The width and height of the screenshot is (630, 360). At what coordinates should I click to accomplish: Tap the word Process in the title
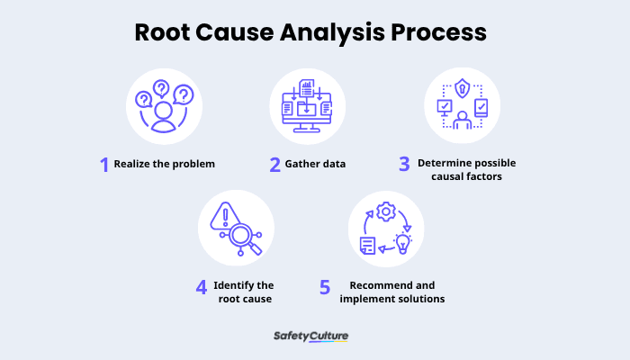tap(445, 33)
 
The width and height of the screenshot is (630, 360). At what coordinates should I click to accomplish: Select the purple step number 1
tap(104, 165)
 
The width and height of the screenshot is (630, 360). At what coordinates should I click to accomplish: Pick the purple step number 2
tap(274, 165)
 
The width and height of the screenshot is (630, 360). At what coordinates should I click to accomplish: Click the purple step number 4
tap(201, 287)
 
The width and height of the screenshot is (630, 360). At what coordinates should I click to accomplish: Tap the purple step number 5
tap(326, 287)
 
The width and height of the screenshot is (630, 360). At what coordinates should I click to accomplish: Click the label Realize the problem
tap(165, 165)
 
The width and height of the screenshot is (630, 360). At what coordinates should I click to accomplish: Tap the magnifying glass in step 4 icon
tap(241, 237)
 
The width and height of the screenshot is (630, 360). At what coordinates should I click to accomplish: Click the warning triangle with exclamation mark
tap(222, 216)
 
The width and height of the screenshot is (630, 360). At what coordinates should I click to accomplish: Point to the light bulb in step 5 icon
tap(402, 241)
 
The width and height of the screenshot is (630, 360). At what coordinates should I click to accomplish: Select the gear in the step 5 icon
tap(386, 211)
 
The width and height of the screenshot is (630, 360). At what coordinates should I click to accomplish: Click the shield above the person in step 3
tap(462, 89)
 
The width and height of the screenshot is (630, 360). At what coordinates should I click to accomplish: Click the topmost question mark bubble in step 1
tap(162, 88)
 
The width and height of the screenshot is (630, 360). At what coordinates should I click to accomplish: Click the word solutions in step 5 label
tap(420, 298)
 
